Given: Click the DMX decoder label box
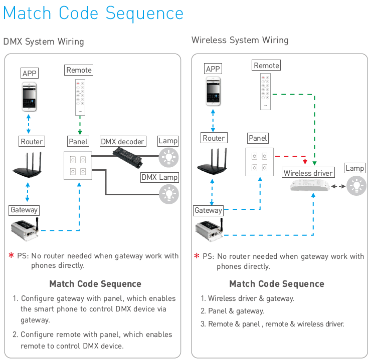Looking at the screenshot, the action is (x=123, y=141).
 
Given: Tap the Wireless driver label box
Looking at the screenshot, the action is (x=308, y=173).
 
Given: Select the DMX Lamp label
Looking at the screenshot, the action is (x=160, y=177).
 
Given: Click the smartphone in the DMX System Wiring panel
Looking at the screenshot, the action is (x=29, y=97).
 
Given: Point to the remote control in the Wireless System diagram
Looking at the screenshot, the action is (x=265, y=92).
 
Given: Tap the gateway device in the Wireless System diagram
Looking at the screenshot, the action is (x=210, y=230).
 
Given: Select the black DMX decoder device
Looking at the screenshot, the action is (x=127, y=157).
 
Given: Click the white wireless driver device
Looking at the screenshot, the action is (x=310, y=185).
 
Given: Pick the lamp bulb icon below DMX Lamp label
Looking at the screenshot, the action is (x=169, y=194).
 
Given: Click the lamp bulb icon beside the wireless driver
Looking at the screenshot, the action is (x=356, y=186).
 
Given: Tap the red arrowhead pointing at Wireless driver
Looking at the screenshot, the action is (x=305, y=162).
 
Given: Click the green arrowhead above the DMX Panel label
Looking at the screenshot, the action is (x=80, y=132).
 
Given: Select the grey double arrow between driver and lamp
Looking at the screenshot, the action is (x=338, y=186).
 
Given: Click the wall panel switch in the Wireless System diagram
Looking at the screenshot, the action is (x=260, y=162).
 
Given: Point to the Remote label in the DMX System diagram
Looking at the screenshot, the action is (x=79, y=70).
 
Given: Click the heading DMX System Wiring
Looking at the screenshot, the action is (x=44, y=42).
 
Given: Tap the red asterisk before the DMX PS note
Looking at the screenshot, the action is (x=11, y=255).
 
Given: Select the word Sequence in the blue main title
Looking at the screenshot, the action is (x=144, y=14).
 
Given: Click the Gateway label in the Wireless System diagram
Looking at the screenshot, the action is (x=209, y=210).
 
